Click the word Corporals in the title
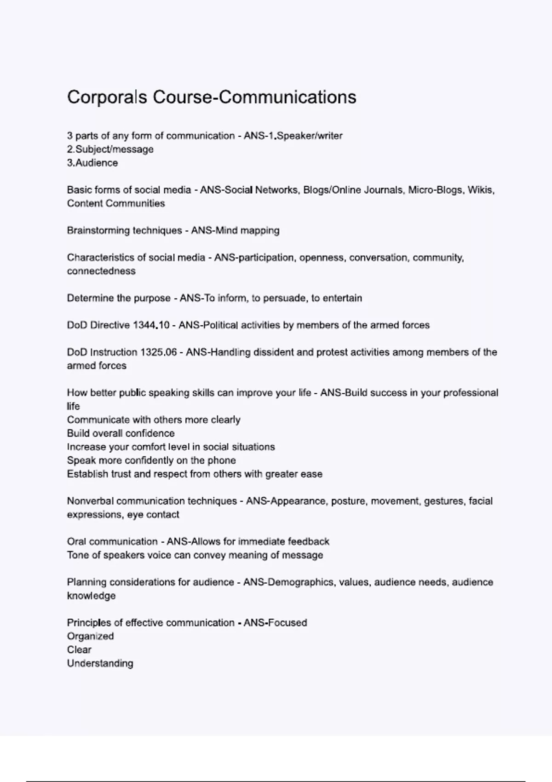107,98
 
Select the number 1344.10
151,325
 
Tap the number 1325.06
158,352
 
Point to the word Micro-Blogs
435,190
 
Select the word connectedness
101,271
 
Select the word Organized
90,636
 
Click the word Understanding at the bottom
100,663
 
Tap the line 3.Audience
92,163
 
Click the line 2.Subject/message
110,149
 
